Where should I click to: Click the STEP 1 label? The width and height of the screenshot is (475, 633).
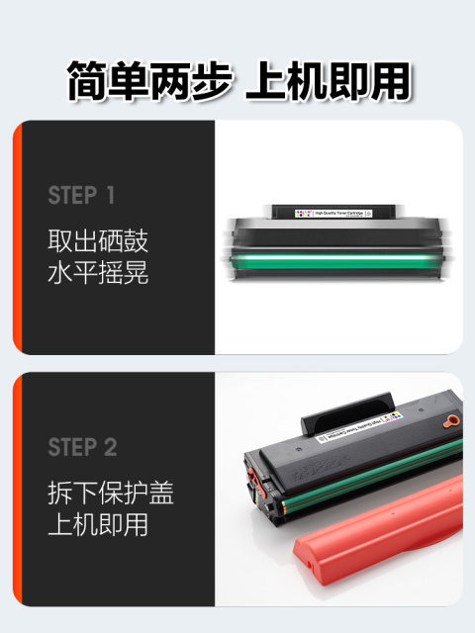pyautogui.click(x=88, y=196)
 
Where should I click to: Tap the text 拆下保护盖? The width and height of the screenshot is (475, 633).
pyautogui.click(x=111, y=492)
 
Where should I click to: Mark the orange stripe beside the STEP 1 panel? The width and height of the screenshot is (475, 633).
pyautogui.click(x=17, y=237)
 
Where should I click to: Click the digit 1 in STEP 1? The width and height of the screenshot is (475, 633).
pyautogui.click(x=123, y=196)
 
